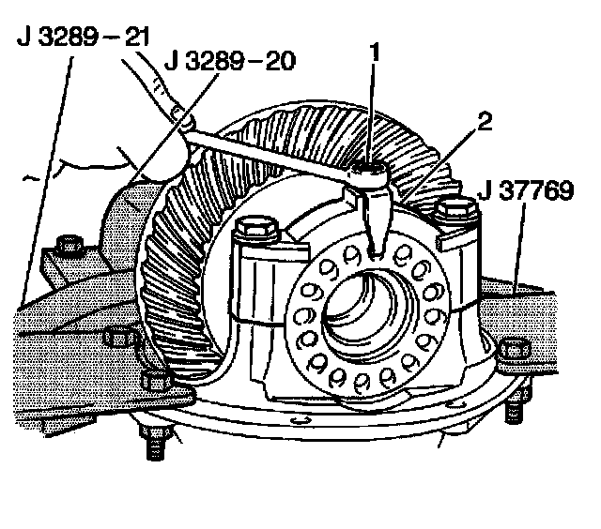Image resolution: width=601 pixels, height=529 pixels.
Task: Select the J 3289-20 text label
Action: coord(231,62)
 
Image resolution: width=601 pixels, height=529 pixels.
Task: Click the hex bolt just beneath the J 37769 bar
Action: coord(512,350)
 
